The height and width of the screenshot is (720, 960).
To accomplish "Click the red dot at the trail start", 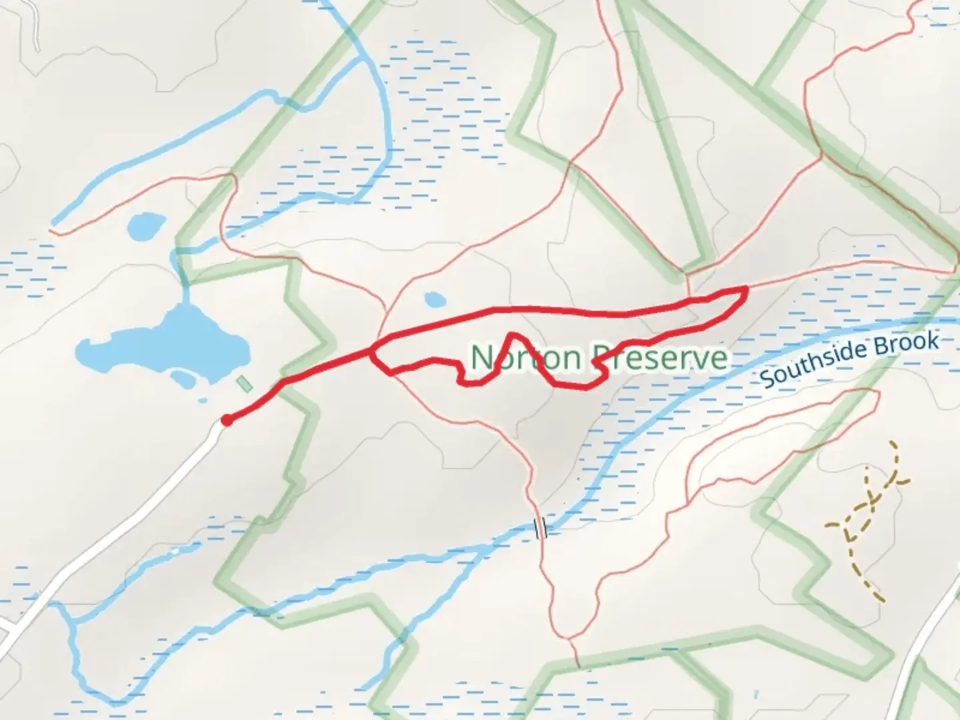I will (227, 420).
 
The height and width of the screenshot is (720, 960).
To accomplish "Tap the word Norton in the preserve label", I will (526, 358).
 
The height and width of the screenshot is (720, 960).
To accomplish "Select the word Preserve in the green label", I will (660, 358).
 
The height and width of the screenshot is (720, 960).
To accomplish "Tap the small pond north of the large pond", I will (146, 227).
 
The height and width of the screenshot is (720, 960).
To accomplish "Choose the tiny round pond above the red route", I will (435, 300).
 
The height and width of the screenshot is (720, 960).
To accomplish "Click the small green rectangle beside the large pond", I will (245, 385).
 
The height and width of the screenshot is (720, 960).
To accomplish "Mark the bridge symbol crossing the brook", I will (541, 528).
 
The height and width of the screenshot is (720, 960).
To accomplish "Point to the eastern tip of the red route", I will (744, 289).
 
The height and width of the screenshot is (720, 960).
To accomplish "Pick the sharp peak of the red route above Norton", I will (511, 334).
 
